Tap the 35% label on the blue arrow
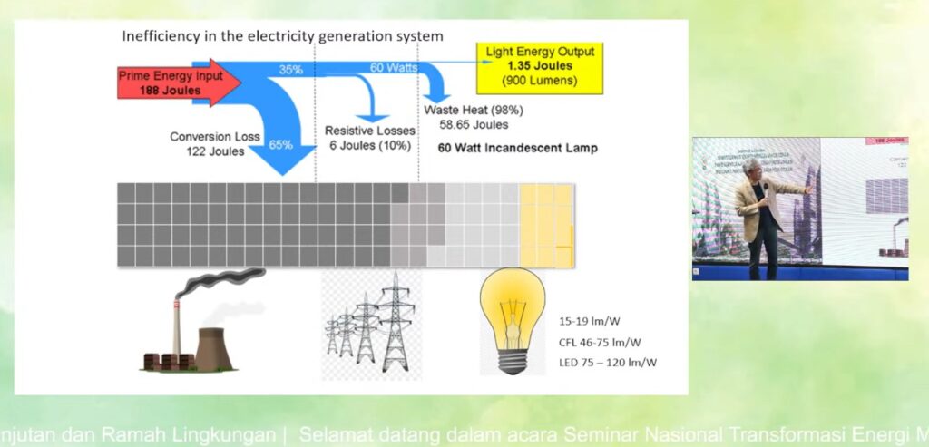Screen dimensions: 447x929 click(x=290, y=70)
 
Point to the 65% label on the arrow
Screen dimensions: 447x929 click(x=280, y=144)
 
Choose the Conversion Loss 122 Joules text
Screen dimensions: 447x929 click(x=215, y=144)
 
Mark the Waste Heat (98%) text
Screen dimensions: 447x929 click(x=474, y=110)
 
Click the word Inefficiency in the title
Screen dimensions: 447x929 click(x=161, y=37)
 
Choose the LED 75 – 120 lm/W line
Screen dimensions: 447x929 click(x=607, y=363)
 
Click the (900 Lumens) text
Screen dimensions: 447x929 click(x=540, y=81)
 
